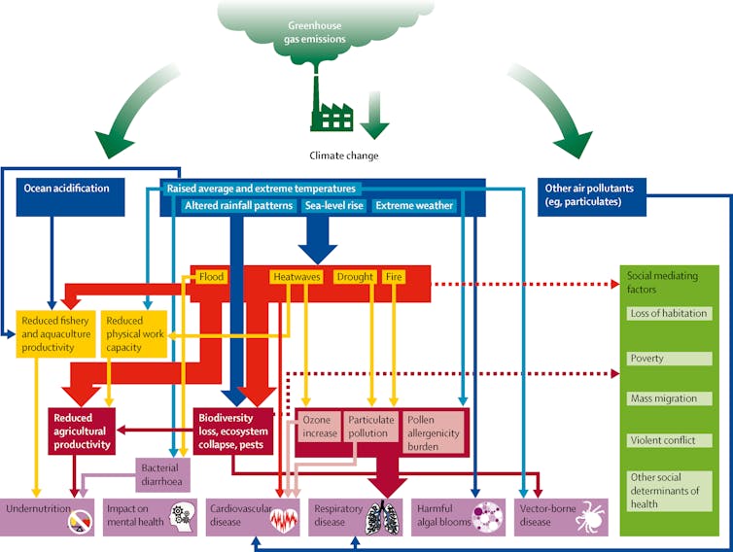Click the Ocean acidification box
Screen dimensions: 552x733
click(67, 188)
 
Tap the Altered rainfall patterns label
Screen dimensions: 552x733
click(238, 206)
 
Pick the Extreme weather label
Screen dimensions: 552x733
click(414, 206)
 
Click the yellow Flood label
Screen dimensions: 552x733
click(211, 277)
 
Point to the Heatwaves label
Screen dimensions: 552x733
click(296, 277)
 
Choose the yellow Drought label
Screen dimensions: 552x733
click(355, 277)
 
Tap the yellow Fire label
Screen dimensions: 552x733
click(394, 277)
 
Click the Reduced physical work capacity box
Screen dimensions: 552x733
click(136, 333)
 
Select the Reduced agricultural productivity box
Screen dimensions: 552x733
click(82, 431)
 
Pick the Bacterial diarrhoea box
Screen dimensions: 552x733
click(158, 473)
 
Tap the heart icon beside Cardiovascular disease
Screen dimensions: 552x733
click(282, 519)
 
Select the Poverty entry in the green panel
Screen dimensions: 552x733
click(668, 359)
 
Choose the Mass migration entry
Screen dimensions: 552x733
click(668, 398)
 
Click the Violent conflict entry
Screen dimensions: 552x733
click(668, 440)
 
